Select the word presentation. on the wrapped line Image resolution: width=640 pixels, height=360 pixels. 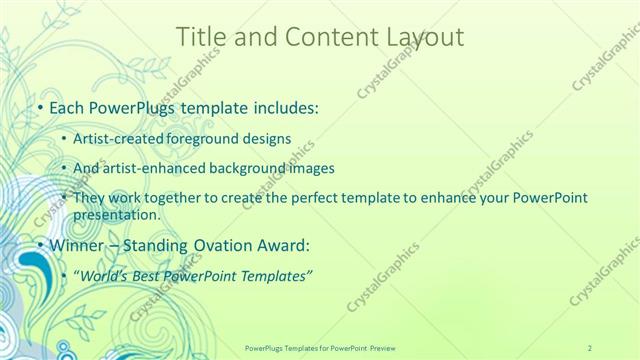(x=116, y=214)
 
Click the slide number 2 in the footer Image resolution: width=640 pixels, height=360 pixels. (x=590, y=346)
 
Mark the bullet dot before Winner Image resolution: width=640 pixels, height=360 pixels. (x=39, y=244)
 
